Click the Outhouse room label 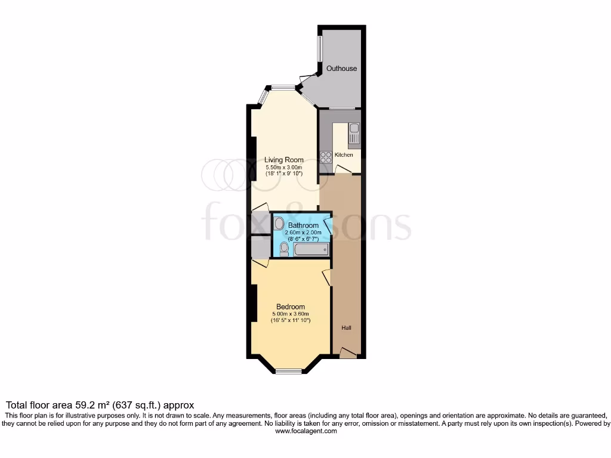pos(341,69)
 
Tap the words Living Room pos(284,160)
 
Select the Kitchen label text pos(344,155)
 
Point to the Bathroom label pos(304,225)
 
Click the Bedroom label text pos(291,307)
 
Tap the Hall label pos(346,328)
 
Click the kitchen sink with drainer pos(354,135)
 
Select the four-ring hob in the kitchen pos(326,156)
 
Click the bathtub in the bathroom pos(311,248)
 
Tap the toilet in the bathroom pos(284,249)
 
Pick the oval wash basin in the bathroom pos(279,223)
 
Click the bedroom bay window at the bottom pos(289,372)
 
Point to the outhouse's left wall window pos(319,48)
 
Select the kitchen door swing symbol pos(342,171)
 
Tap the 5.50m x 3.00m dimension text pos(284,168)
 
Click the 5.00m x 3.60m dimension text pos(291,314)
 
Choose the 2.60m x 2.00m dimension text pos(304,233)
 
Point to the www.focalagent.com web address pos(305,431)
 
